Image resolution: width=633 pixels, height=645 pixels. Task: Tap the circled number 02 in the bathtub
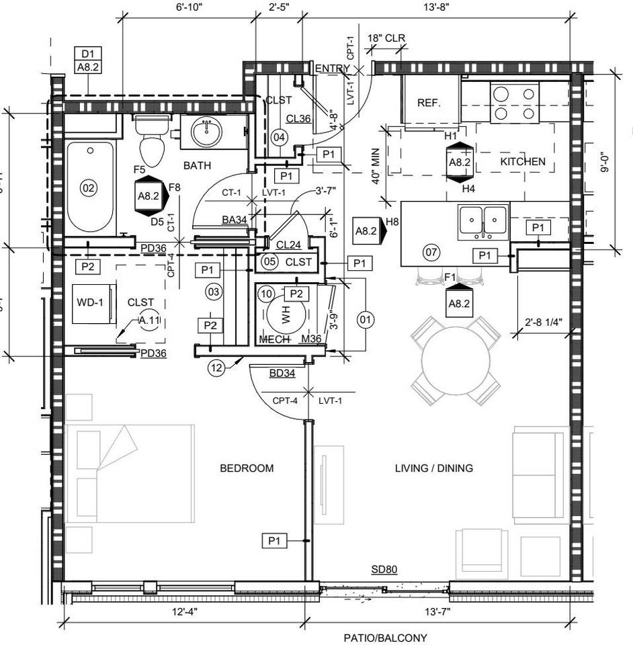tap(89, 188)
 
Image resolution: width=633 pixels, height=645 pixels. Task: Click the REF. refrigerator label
tap(429, 103)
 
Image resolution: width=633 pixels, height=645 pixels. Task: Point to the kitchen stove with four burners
tap(514, 102)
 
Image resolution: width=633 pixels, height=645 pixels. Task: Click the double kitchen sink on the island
tap(483, 222)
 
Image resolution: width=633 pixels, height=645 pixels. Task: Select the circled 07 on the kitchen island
tap(431, 253)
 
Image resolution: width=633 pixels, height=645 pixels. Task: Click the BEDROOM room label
tap(247, 468)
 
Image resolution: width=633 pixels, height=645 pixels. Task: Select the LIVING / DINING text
tap(433, 468)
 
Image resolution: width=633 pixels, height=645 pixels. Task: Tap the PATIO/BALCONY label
tap(385, 638)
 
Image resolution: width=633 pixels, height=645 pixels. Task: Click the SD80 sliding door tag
tap(384, 570)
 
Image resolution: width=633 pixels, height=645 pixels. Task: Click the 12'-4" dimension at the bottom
tap(183, 612)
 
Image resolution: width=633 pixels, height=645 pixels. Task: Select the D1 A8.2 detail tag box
tap(88, 60)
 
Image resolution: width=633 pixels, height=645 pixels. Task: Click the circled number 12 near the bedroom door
tap(216, 368)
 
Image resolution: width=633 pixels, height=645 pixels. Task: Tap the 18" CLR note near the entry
tap(386, 39)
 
